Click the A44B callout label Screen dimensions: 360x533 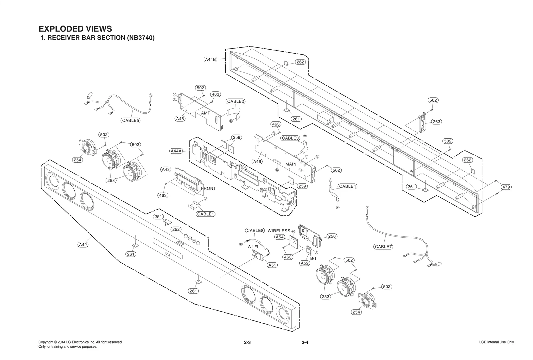(210, 60)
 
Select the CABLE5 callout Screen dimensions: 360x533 (130, 120)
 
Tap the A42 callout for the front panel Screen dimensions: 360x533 (83, 245)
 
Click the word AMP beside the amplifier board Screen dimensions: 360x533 (206, 113)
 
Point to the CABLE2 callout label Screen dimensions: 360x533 (236, 101)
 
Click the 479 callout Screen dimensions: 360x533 (506, 187)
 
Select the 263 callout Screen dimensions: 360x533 (436, 122)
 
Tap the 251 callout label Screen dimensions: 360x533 (158, 217)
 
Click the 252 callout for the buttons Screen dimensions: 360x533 (176, 230)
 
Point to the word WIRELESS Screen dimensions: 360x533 (279, 231)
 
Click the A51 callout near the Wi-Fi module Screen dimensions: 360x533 (272, 265)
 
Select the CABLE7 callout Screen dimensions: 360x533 (383, 247)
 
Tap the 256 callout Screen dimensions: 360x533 (332, 236)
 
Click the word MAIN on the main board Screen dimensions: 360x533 (291, 164)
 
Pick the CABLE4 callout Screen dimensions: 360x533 (347, 186)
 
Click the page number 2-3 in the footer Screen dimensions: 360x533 (247, 342)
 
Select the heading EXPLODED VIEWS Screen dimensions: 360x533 (75, 29)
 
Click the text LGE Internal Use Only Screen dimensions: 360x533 (496, 342)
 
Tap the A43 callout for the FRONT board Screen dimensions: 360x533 (166, 169)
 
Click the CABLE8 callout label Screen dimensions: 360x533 (255, 230)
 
